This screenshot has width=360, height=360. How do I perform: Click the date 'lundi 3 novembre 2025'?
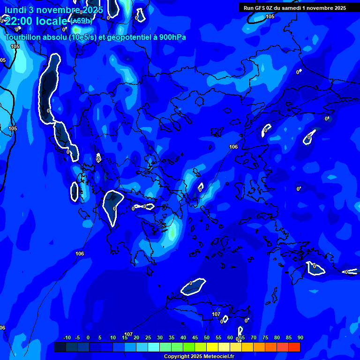54,10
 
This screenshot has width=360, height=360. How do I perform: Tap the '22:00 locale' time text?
36,21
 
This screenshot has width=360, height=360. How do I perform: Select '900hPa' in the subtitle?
171,37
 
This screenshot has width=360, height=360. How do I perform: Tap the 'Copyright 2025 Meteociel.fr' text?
199,357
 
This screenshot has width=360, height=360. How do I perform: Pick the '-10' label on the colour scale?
67,337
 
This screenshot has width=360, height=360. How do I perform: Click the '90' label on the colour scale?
300,337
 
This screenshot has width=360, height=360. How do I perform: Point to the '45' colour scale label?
195,337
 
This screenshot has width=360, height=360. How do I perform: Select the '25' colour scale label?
148,337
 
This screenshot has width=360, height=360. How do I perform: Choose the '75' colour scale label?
265,337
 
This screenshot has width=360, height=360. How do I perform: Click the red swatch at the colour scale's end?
294,347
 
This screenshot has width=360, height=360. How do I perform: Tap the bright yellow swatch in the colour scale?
212,347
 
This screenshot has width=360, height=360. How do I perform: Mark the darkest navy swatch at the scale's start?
60,347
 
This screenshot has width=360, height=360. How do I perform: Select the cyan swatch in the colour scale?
154,347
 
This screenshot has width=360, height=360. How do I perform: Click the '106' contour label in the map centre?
233,147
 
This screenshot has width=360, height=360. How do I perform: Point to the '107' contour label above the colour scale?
128,334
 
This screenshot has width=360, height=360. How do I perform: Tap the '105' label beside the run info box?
270,16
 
